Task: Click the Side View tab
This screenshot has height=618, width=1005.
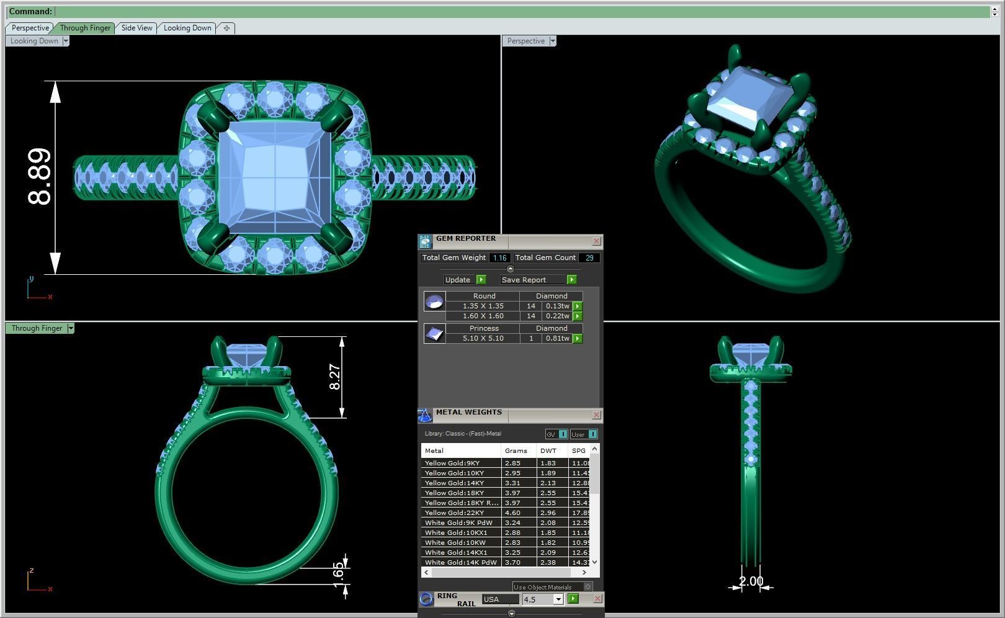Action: point(136,28)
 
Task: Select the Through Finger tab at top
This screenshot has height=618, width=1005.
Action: point(85,28)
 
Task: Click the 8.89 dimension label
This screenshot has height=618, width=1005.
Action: point(40,177)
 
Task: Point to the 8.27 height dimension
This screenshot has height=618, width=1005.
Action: point(334,377)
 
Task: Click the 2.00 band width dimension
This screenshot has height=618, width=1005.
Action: point(751,581)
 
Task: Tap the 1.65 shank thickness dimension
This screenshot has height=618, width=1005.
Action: point(337,570)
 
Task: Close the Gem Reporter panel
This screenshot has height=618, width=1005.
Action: point(596,241)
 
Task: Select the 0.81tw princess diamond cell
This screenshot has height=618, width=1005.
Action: point(556,339)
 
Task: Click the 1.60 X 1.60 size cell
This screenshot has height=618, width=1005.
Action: point(483,316)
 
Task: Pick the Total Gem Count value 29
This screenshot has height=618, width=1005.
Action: point(589,258)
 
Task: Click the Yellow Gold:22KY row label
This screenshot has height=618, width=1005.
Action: point(454,513)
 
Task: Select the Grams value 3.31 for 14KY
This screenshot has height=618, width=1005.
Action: point(512,483)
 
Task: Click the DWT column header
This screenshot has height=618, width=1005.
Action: point(548,451)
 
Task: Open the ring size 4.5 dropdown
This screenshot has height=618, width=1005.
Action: point(558,599)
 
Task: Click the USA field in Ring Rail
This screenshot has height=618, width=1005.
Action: point(500,599)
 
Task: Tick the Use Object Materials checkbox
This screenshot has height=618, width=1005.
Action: point(587,587)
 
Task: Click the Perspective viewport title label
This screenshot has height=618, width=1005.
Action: point(525,41)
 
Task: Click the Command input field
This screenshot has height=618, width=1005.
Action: point(521,11)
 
